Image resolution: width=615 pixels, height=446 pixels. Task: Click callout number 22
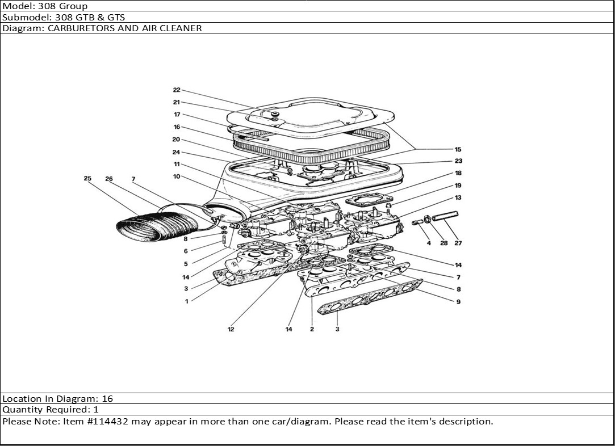177,90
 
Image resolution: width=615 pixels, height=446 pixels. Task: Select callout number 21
177,103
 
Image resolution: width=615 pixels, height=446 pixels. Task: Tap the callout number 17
177,115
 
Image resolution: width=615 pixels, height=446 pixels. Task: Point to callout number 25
87,179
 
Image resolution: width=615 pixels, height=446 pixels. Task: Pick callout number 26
109,179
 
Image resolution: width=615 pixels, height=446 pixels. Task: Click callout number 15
458,149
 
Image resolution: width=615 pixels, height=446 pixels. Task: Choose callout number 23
458,161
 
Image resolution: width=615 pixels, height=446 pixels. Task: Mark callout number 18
458,173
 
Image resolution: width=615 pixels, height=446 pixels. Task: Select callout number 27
458,243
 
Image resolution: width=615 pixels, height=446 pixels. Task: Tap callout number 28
444,243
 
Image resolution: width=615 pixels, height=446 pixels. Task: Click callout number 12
231,330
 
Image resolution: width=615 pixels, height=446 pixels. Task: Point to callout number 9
458,302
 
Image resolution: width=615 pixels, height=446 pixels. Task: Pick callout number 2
312,330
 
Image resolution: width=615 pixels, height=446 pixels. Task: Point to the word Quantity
20,409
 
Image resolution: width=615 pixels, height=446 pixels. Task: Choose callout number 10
177,176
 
